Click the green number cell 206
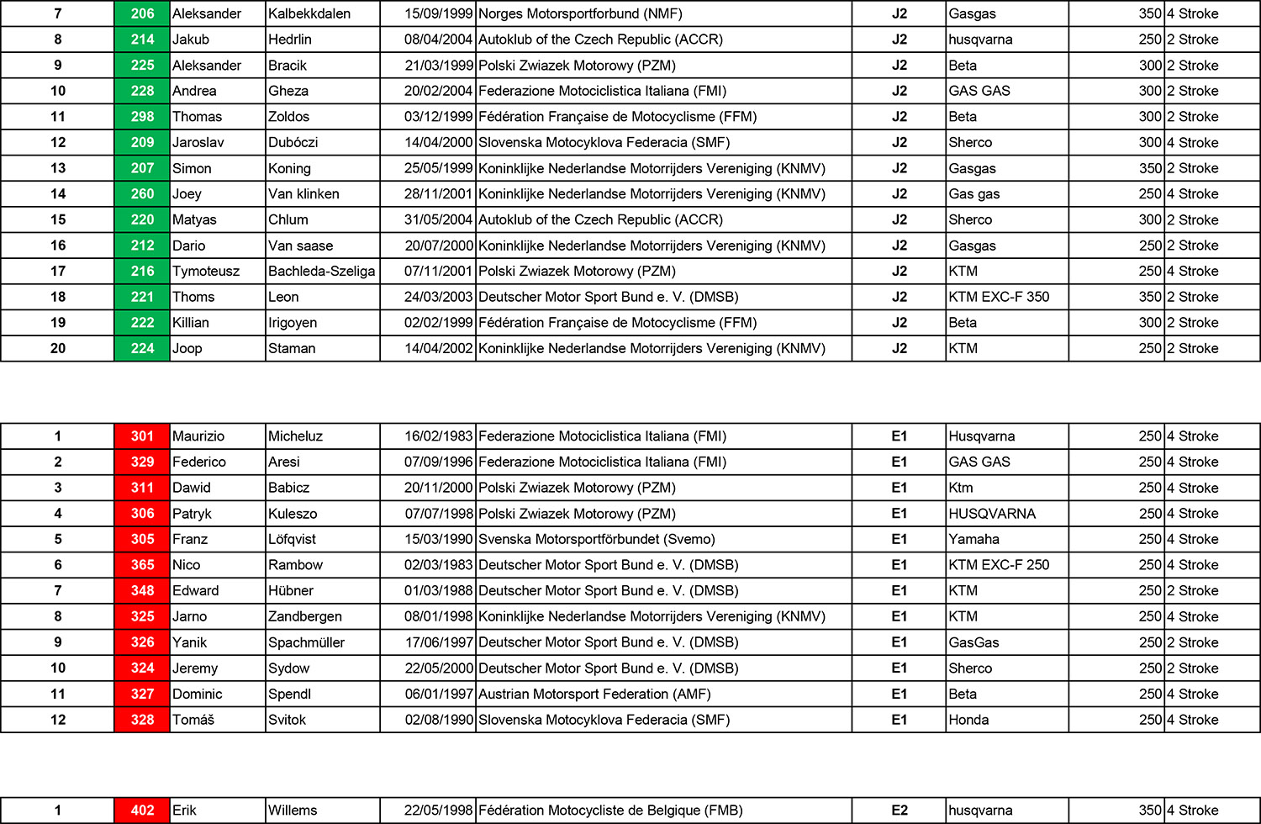click(x=142, y=13)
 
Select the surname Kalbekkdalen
click(x=309, y=13)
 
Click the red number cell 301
click(x=142, y=436)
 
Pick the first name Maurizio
click(x=198, y=436)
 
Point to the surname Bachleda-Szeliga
click(x=321, y=272)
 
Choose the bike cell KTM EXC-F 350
click(x=999, y=297)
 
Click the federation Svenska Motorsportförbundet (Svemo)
click(x=596, y=540)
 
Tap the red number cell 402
click(x=142, y=811)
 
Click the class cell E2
click(x=899, y=811)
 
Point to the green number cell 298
click(x=142, y=117)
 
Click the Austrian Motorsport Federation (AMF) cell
click(x=594, y=695)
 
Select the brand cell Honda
click(x=968, y=720)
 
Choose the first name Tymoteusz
click(x=206, y=272)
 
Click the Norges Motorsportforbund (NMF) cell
click(x=580, y=13)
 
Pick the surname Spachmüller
click(x=306, y=642)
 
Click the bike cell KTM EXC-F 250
click(x=999, y=565)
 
